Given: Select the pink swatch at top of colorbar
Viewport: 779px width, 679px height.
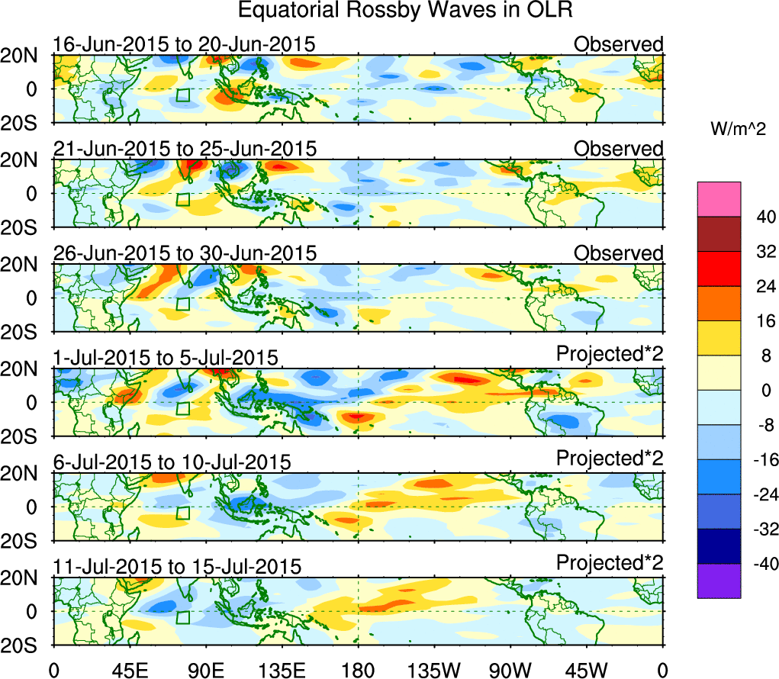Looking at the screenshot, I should pyautogui.click(x=719, y=199).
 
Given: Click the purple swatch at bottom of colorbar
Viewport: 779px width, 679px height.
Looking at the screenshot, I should pyautogui.click(x=719, y=581).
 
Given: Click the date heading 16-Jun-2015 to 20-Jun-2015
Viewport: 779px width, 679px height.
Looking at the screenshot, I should pyautogui.click(x=184, y=44).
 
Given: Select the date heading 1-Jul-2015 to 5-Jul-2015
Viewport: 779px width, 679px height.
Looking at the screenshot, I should pyautogui.click(x=166, y=358).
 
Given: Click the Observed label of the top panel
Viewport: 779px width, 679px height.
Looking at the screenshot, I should pyautogui.click(x=619, y=44).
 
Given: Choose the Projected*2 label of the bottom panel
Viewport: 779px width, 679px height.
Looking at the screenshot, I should pyautogui.click(x=610, y=563).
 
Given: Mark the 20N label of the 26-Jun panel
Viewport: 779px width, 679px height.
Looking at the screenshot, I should pyautogui.click(x=25, y=265).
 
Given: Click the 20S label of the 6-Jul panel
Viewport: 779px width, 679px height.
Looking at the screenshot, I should pyautogui.click(x=25, y=541).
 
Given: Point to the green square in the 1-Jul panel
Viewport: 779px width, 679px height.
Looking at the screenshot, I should pyautogui.click(x=182, y=408).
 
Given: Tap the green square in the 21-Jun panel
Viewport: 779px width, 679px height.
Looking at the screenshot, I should pyautogui.click(x=182, y=199).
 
